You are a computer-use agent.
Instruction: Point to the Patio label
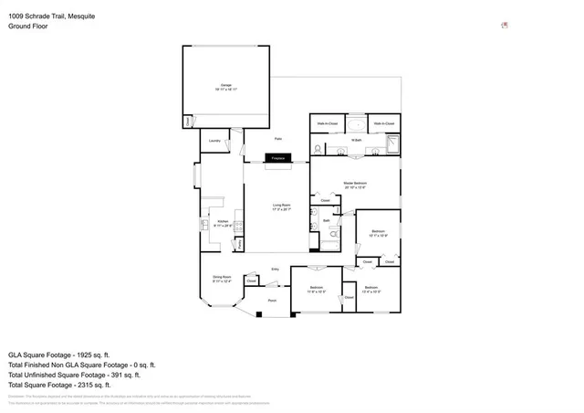[290, 139]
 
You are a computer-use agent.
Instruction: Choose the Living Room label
[281, 206]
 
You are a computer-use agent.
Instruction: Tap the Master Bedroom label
[354, 185]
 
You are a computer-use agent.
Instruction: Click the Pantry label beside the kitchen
[239, 244]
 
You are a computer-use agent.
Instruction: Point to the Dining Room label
[221, 278]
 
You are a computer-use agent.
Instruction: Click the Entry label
[276, 269]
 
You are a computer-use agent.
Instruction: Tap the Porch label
[272, 300]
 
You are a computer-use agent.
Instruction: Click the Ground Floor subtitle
[27, 26]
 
